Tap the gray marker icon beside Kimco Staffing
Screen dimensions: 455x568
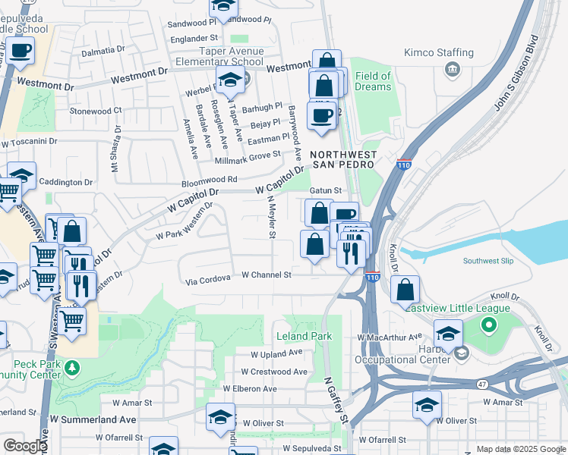tap(453, 71)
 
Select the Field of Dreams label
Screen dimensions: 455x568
tap(373, 81)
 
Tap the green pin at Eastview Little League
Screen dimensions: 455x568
tap(488, 326)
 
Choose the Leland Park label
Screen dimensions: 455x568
tap(304, 336)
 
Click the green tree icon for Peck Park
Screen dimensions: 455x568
tap(72, 368)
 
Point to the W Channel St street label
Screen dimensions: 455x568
tap(267, 275)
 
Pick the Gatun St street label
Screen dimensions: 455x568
tap(327, 190)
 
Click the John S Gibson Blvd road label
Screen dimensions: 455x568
tap(521, 84)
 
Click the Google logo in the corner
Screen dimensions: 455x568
tap(25, 446)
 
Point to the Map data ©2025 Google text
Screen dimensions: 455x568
tap(520, 449)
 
